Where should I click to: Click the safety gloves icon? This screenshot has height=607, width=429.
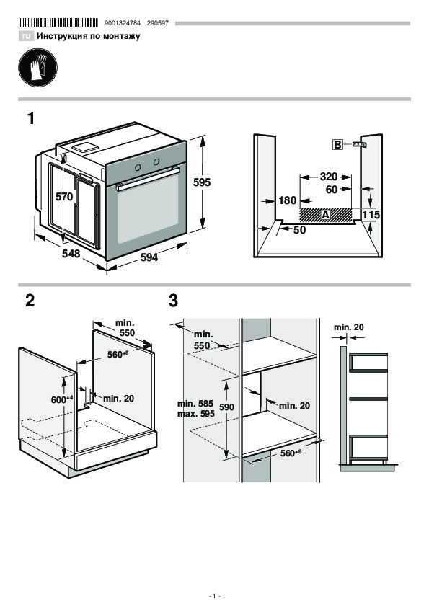[x=38, y=67]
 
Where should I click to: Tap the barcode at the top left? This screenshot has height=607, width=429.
[x=58, y=23]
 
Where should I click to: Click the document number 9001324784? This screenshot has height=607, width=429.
[x=123, y=23]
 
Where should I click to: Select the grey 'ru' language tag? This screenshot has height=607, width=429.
[x=26, y=36]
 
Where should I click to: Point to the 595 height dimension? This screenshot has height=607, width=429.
[x=202, y=182]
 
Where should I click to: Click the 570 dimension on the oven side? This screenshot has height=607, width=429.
[x=64, y=197]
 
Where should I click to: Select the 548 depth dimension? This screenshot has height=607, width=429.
[x=71, y=253]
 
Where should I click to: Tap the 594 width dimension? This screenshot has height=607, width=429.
[x=149, y=257]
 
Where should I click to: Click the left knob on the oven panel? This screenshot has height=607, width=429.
[x=138, y=167]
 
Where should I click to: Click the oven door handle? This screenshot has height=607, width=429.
[x=148, y=178]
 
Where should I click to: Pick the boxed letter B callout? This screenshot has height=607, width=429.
[x=337, y=145]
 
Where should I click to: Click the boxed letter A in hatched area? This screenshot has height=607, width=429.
[x=325, y=214]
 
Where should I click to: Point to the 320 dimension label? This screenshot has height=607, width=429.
[x=328, y=177]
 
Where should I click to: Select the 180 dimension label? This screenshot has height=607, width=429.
[x=287, y=200]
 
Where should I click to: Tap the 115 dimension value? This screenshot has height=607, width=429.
[x=371, y=214]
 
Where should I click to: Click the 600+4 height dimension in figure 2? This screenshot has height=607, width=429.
[x=62, y=399]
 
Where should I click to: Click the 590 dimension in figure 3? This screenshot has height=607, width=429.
[x=226, y=407]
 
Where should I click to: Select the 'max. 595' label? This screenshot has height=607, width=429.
[x=196, y=414]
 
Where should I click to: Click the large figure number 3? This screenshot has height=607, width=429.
[x=173, y=301]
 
